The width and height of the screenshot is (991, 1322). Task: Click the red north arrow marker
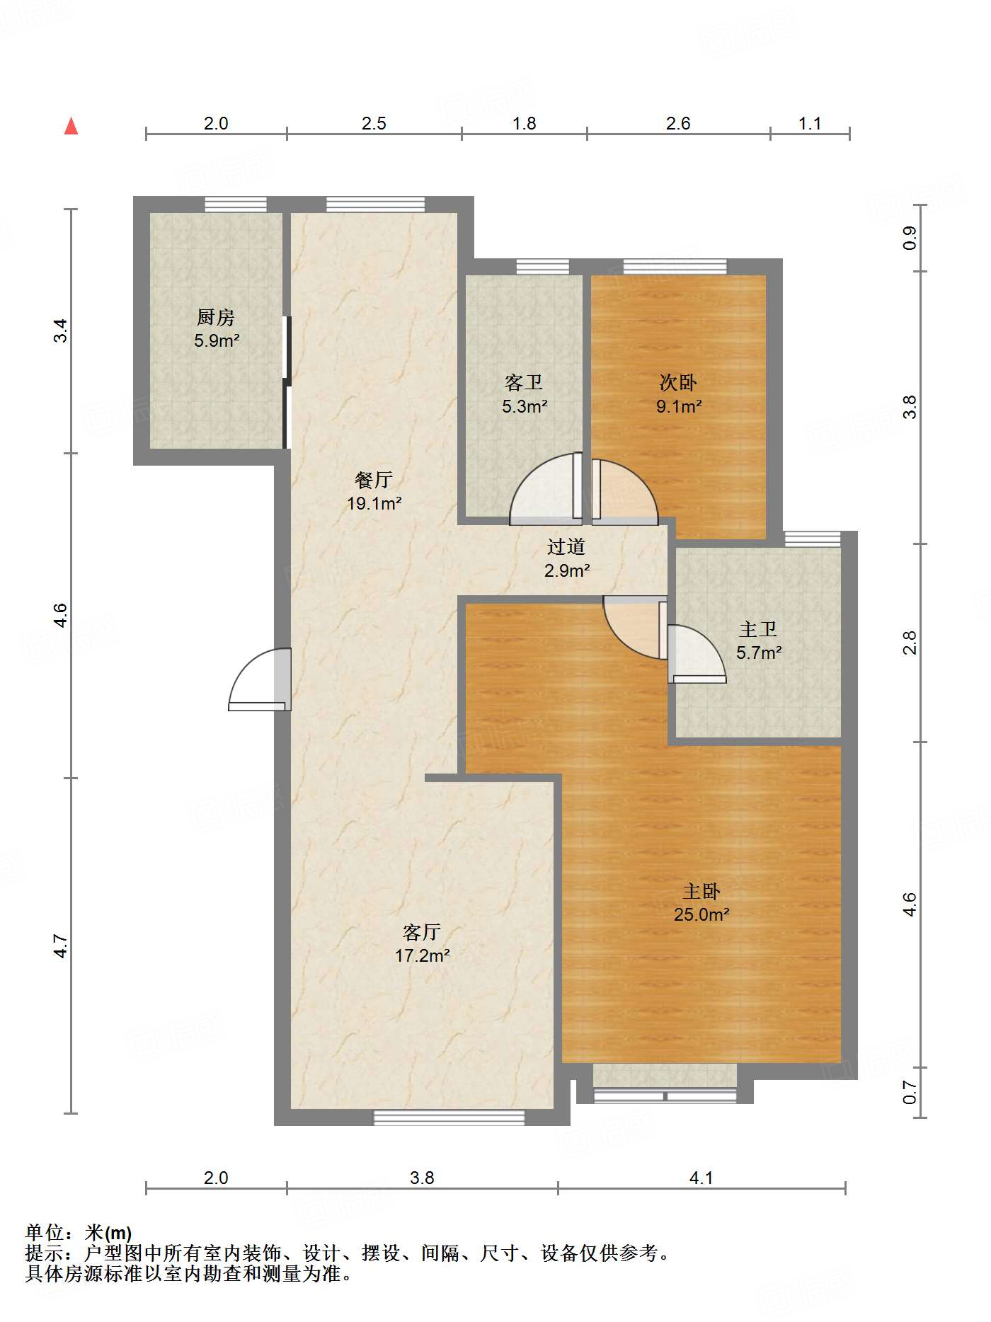pyautogui.click(x=71, y=126)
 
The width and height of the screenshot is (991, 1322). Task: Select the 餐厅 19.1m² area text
pyautogui.click(x=374, y=492)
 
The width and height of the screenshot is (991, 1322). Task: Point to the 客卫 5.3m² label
pyautogui.click(x=525, y=394)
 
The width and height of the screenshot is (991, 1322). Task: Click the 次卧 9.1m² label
pyautogui.click(x=679, y=394)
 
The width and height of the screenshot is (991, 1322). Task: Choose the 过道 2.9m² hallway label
pyautogui.click(x=566, y=558)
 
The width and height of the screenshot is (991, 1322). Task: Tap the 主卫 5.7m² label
pyautogui.click(x=759, y=640)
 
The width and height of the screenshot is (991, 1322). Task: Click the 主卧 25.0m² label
pyautogui.click(x=701, y=902)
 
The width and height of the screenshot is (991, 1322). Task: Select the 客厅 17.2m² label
pyautogui.click(x=422, y=943)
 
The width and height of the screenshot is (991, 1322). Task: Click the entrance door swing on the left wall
pyautogui.click(x=259, y=679)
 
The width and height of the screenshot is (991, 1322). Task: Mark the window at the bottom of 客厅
pyautogui.click(x=449, y=1117)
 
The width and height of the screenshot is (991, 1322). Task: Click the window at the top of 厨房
pyautogui.click(x=236, y=205)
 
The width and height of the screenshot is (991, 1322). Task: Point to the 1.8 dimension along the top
pyautogui.click(x=525, y=124)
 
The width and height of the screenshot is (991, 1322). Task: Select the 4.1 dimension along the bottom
pyautogui.click(x=701, y=1178)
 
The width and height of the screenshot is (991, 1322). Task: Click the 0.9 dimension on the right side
pyautogui.click(x=910, y=238)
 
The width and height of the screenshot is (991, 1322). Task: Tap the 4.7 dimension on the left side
pyautogui.click(x=61, y=946)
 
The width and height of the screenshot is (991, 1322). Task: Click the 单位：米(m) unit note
pyautogui.click(x=79, y=1233)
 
